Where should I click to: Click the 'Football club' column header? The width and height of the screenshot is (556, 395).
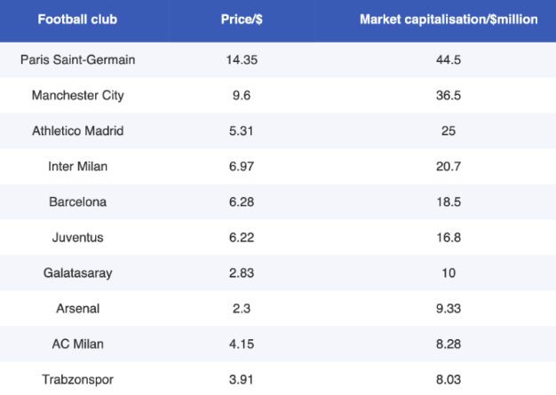tap(78, 19)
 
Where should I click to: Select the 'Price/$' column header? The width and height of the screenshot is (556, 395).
tap(241, 19)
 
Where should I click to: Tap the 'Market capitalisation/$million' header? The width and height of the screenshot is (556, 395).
tap(449, 19)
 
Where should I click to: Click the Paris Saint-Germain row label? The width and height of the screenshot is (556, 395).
tap(78, 60)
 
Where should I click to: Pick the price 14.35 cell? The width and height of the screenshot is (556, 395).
tap(241, 60)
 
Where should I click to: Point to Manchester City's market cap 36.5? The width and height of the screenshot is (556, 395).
tap(449, 96)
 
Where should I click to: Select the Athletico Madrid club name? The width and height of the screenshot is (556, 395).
tap(78, 131)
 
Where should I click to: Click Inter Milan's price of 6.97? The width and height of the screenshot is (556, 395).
tap(241, 167)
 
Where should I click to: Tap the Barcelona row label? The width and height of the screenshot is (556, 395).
tap(78, 202)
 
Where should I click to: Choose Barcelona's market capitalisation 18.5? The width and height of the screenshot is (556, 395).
tap(449, 202)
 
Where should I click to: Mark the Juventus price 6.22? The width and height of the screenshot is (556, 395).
tap(241, 238)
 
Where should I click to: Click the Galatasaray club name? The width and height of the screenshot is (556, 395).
tap(78, 273)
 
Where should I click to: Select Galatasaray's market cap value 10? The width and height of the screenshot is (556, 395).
tap(449, 273)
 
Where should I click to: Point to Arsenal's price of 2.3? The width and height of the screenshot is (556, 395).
tap(241, 309)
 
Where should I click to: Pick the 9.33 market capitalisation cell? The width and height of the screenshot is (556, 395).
tap(449, 309)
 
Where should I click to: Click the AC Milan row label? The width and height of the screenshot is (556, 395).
tap(78, 344)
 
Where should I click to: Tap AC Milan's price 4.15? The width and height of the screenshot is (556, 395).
tap(241, 344)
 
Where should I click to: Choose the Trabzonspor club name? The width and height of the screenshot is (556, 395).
tap(78, 380)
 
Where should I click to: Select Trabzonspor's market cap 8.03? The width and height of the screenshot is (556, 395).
tap(449, 380)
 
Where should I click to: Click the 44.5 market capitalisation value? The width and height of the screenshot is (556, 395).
tap(449, 60)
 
